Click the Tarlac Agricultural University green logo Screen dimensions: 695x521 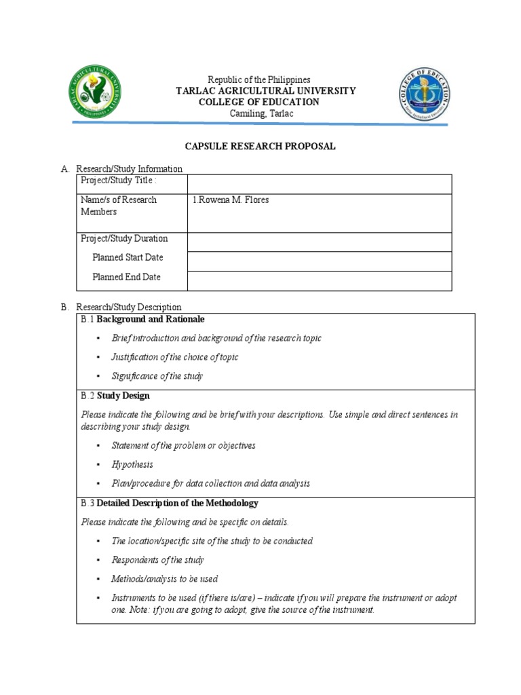click(x=96, y=93)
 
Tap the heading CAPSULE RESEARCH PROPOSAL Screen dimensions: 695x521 click(x=261, y=146)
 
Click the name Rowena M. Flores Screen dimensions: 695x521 click(x=233, y=200)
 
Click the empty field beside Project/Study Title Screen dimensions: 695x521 click(x=319, y=184)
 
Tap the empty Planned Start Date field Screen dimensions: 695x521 click(x=319, y=261)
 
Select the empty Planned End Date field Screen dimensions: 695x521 click(x=319, y=280)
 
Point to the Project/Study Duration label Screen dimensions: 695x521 click(x=124, y=239)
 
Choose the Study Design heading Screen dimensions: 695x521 click(x=123, y=396)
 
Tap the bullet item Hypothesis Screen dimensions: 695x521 click(x=132, y=465)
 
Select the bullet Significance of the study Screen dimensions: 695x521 click(x=157, y=376)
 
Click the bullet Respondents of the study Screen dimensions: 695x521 click(x=157, y=560)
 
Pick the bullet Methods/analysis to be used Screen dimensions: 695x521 click(x=164, y=579)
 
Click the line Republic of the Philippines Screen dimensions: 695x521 click(x=258, y=80)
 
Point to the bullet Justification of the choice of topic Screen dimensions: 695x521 click(x=174, y=357)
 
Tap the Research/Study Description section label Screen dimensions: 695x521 click(x=128, y=307)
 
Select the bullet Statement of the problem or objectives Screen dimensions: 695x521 click(x=183, y=446)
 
